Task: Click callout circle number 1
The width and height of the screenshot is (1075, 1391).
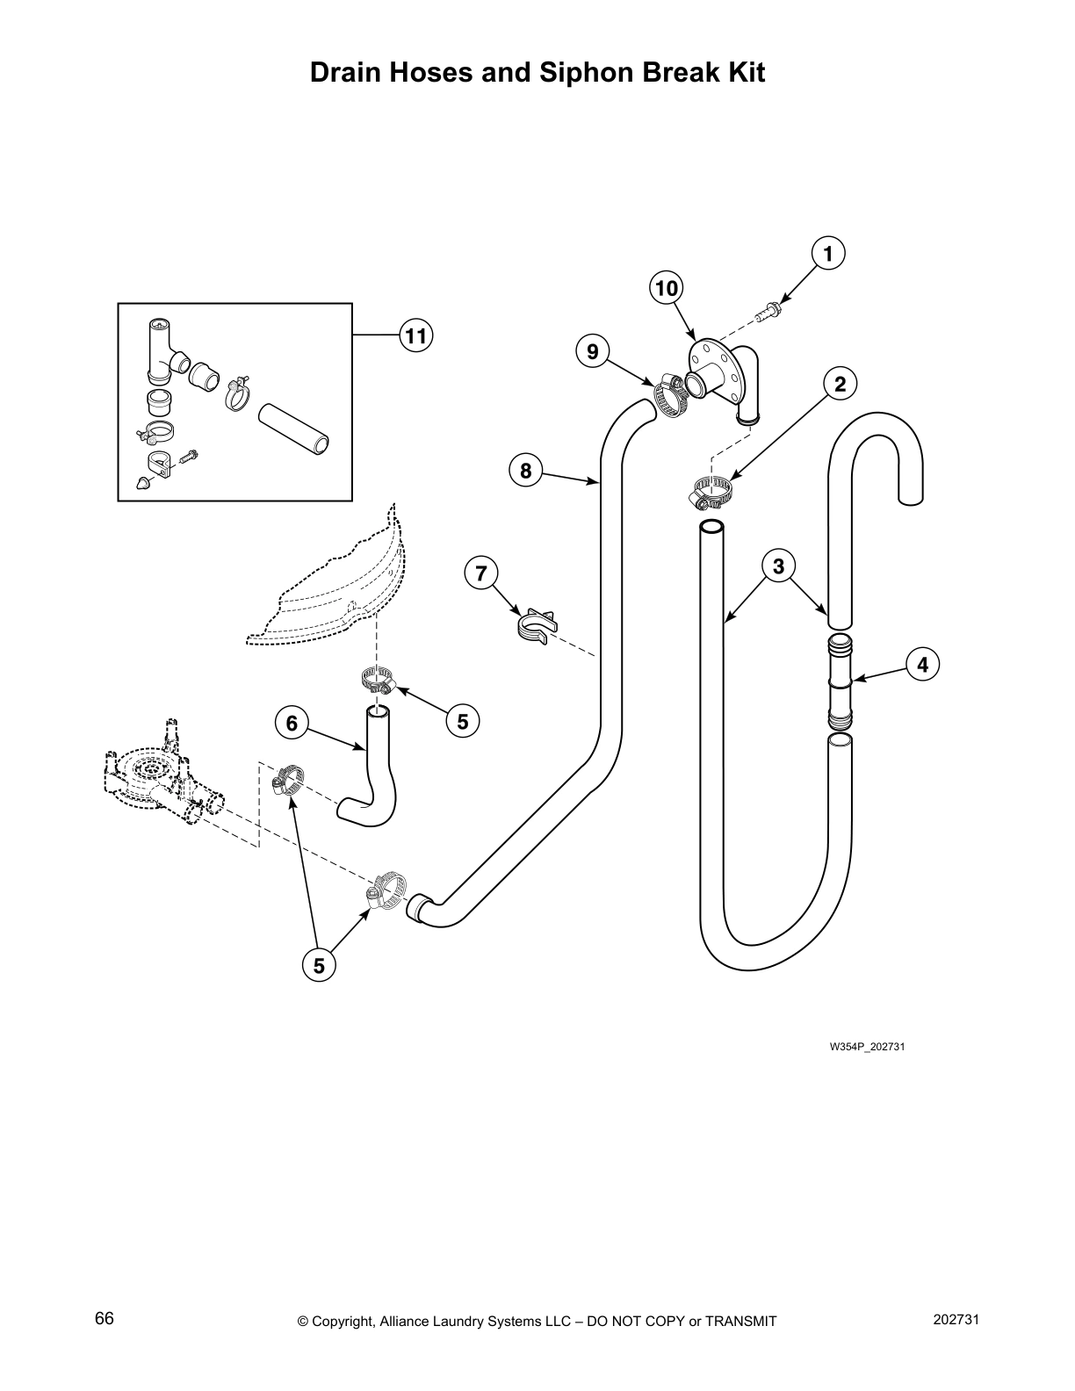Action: (x=827, y=253)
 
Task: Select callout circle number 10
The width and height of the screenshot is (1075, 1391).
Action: (x=667, y=288)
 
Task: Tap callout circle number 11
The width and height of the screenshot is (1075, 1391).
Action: (x=416, y=335)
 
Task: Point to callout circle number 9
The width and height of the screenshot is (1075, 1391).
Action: (x=593, y=352)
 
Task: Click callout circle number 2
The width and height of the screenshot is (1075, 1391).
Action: (x=841, y=383)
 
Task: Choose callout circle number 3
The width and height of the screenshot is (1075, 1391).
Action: (x=778, y=566)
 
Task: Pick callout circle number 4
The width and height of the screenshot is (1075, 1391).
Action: (x=922, y=665)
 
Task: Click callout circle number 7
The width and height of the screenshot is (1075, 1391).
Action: (x=480, y=574)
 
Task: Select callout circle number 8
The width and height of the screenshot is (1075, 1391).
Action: (x=525, y=471)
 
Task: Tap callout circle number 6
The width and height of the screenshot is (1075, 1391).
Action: (x=292, y=723)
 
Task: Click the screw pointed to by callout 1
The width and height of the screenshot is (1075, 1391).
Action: (x=768, y=310)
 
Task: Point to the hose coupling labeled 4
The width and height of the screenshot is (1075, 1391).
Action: (x=840, y=681)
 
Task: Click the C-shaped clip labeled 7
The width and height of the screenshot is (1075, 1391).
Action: (x=535, y=626)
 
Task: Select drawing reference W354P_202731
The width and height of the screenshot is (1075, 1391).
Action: (x=867, y=1047)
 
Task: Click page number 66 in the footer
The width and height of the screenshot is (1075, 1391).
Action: (x=105, y=1319)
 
